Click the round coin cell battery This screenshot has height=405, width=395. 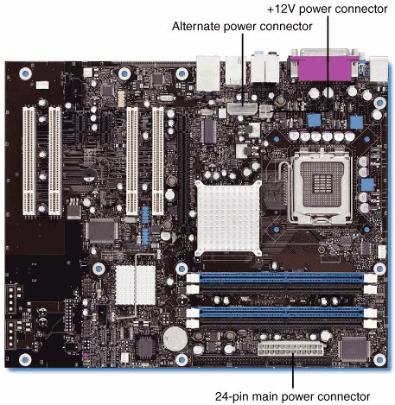[175, 339]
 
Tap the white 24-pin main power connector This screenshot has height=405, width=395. [290, 348]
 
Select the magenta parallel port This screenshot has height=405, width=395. [324, 68]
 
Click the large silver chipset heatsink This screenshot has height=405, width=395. [228, 218]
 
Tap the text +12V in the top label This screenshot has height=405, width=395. [282, 9]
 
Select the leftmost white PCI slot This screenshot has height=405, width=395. [29, 161]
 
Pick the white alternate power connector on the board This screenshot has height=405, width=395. [242, 109]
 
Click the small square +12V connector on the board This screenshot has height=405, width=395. [266, 111]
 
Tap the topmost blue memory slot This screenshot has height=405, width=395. [282, 278]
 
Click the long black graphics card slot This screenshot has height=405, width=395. [183, 169]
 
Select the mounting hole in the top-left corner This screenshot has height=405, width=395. [25, 73]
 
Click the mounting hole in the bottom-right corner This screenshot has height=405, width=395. [379, 359]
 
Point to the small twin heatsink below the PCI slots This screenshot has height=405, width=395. [135, 285]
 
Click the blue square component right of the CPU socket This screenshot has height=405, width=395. [367, 185]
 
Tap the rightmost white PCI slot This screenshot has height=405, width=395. [158, 161]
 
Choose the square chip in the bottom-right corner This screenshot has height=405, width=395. [355, 348]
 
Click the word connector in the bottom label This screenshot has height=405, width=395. [347, 396]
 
